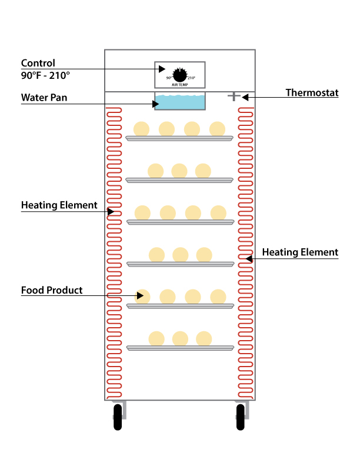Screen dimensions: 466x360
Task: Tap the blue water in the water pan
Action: coord(180,103)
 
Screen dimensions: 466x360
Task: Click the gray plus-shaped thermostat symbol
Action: coord(234,96)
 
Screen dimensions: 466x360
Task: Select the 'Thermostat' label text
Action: coord(312,92)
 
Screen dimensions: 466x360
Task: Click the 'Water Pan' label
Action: coord(44,97)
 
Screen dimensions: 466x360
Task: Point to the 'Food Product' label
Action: coord(52,290)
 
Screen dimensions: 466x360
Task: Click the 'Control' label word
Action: coord(38,63)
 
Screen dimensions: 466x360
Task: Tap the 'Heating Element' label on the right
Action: coord(300,252)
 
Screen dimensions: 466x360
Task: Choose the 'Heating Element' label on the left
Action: coord(59,205)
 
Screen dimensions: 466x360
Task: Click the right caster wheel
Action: coord(241,418)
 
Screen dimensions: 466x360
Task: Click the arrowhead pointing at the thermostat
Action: coord(245,96)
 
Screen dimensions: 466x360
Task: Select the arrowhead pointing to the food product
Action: coord(140,295)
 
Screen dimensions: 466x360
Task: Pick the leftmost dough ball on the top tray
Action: coord(141,128)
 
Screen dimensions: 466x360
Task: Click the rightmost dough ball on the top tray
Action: coord(217,128)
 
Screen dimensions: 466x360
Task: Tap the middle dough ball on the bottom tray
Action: coord(180,338)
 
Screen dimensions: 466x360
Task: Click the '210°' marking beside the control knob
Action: coord(192,78)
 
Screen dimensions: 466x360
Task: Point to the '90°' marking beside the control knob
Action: coord(169,78)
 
